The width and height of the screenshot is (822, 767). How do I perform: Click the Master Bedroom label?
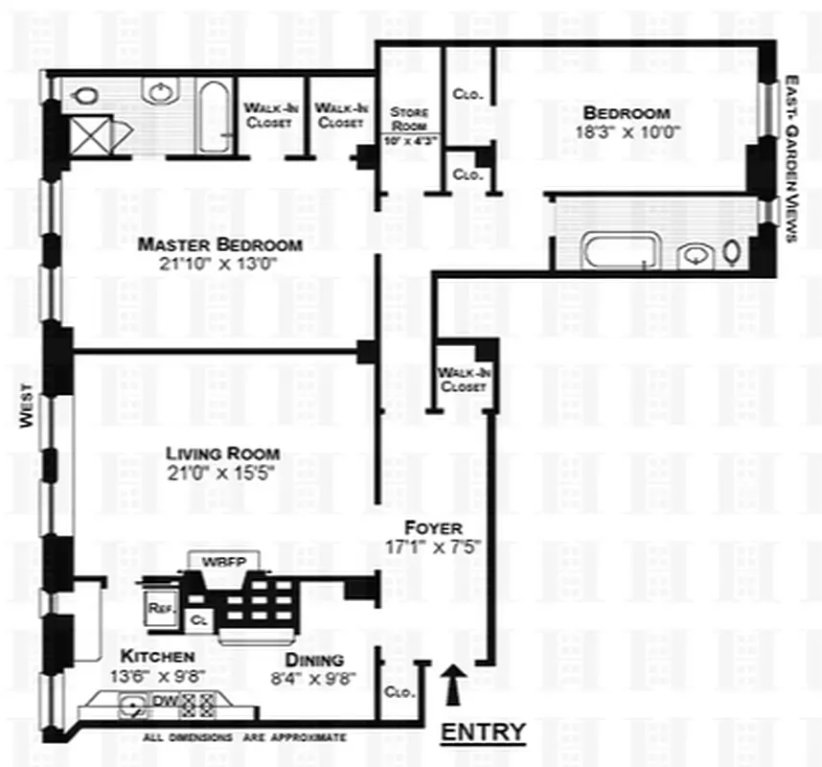(x=218, y=244)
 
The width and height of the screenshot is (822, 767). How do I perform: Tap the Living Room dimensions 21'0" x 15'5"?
(x=222, y=472)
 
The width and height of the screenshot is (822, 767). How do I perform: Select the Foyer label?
(x=433, y=528)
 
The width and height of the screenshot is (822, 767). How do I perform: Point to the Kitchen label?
(x=158, y=657)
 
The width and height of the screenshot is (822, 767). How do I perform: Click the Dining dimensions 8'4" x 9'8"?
(x=314, y=677)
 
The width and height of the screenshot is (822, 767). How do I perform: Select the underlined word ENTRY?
(x=482, y=732)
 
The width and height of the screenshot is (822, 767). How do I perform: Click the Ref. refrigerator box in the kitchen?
(x=159, y=607)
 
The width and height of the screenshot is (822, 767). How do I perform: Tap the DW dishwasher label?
(x=166, y=702)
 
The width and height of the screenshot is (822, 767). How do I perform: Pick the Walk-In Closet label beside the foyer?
(x=462, y=380)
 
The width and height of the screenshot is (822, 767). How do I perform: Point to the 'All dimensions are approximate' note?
(x=244, y=737)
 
